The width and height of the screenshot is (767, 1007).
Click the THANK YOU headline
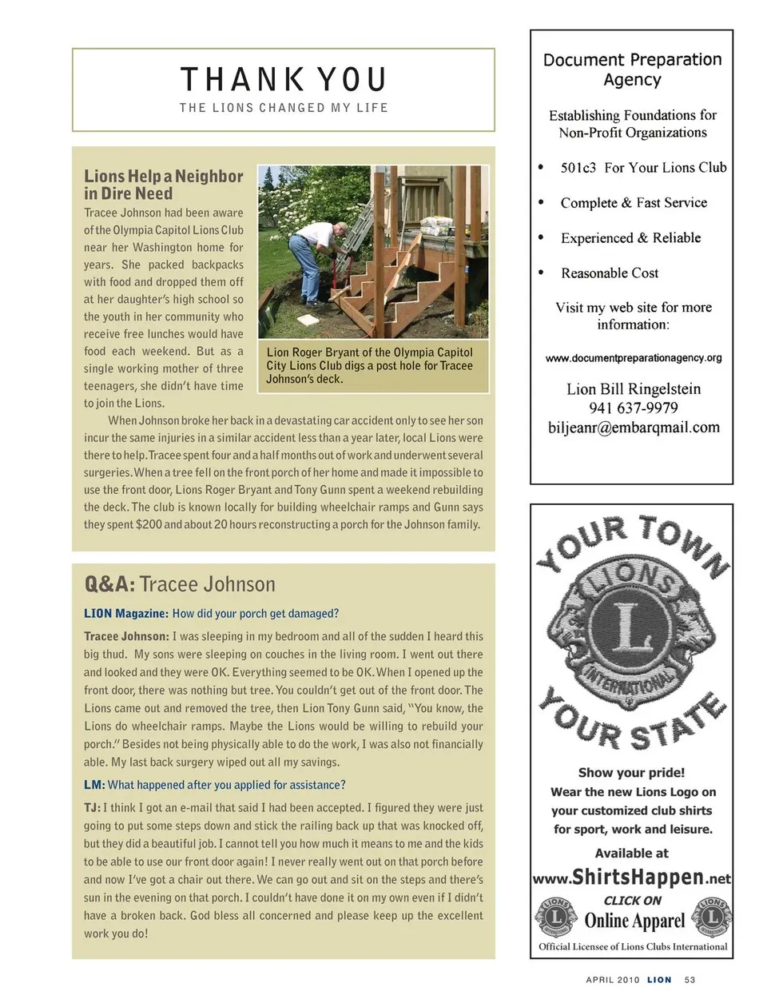coord(284,80)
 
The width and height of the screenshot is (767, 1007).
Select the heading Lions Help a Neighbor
coord(163,185)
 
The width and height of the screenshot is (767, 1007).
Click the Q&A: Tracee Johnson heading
coord(180,584)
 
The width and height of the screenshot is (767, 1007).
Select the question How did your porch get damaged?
coord(255,614)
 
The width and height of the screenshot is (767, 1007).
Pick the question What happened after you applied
coord(226,785)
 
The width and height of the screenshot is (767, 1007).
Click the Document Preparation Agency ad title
coord(632,70)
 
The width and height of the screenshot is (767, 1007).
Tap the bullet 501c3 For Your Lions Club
coord(643,168)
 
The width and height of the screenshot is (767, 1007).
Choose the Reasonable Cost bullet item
coord(610,273)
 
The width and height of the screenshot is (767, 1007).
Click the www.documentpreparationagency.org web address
coord(634,358)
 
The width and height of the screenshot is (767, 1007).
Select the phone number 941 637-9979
coord(634,408)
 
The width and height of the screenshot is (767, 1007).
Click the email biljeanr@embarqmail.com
coord(634,428)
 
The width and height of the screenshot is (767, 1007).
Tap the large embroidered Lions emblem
coord(631,631)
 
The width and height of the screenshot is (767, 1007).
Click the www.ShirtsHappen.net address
coord(631,878)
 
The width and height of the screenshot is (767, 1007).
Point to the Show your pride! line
coord(631,773)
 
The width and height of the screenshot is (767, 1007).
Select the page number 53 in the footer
coord(690,980)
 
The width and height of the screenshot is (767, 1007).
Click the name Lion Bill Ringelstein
coord(634,389)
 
